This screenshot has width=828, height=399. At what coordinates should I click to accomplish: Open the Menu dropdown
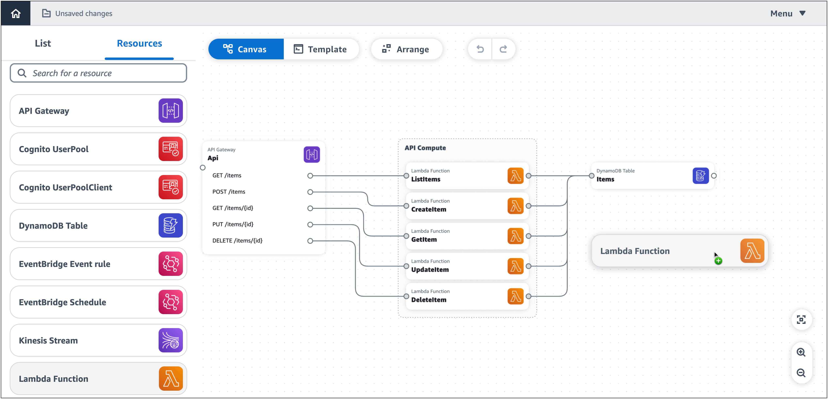coord(787,14)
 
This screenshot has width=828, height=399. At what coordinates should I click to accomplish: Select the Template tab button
coord(321,49)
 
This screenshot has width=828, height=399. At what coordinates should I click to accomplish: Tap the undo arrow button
coord(480,49)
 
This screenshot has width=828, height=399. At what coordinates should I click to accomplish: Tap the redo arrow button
coord(503,49)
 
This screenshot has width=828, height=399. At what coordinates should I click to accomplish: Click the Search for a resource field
coord(98,73)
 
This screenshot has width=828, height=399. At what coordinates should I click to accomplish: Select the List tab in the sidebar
coord(43,43)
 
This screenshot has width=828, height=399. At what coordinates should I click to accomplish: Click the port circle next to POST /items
coord(310,192)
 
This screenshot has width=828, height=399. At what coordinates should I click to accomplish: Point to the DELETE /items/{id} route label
coord(237,240)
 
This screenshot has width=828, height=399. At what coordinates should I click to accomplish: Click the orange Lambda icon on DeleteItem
coord(515,296)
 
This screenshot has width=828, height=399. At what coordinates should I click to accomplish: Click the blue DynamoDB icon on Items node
coord(700,176)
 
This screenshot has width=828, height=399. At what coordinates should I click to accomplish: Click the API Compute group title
coord(425,148)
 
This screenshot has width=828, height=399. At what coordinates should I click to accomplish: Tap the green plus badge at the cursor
coord(718,261)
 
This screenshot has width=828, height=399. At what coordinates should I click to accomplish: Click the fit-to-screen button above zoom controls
coord(801,320)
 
